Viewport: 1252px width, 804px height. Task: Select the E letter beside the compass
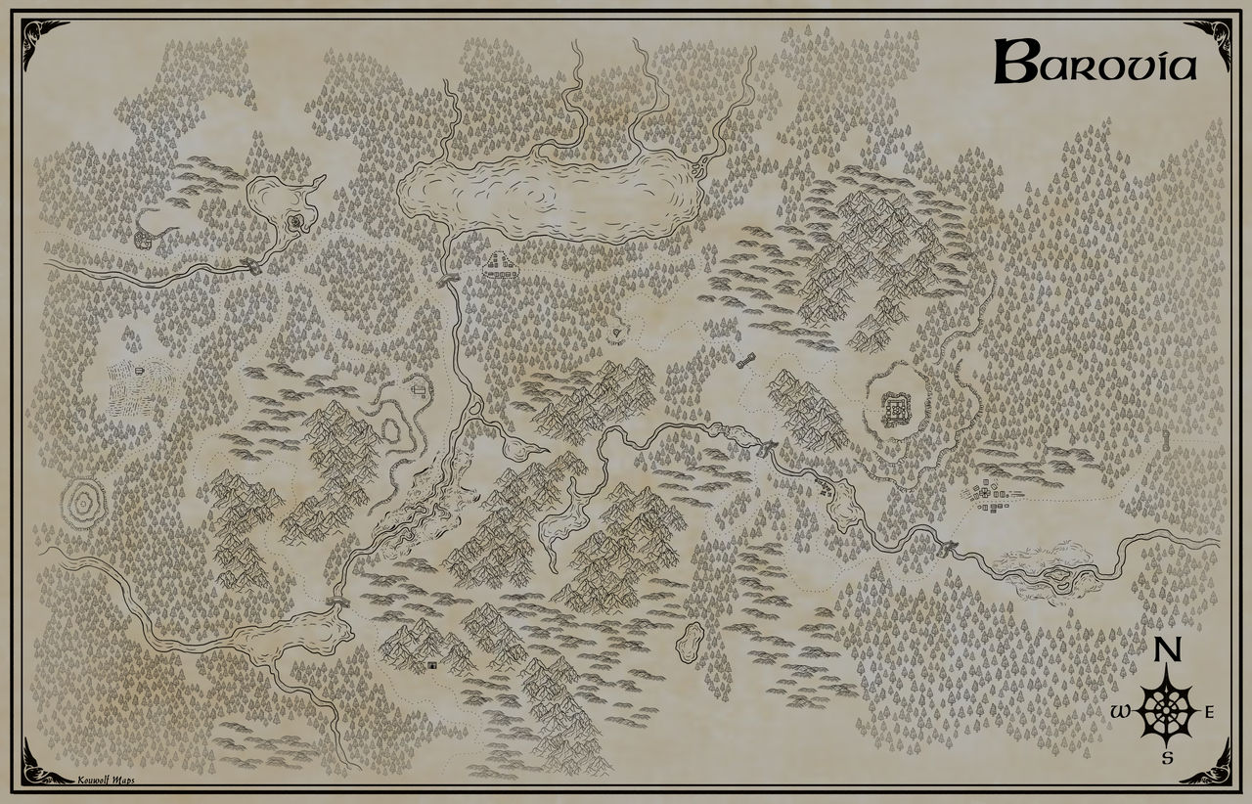click(x=1209, y=712)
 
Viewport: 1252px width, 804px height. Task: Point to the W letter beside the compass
click(x=1120, y=712)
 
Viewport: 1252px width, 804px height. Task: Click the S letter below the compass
click(x=1166, y=757)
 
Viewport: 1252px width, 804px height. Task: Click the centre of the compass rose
click(x=1165, y=711)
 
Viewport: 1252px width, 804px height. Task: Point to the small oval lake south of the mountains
click(x=693, y=640)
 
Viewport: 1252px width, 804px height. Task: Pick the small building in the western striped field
click(x=140, y=370)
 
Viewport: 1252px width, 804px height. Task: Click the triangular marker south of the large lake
click(x=616, y=334)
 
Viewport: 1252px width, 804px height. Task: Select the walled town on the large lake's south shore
click(x=501, y=264)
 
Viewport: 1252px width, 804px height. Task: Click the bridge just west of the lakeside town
click(x=449, y=280)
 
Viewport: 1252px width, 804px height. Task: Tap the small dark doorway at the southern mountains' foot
click(x=431, y=665)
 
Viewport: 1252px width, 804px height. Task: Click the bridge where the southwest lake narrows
click(x=334, y=603)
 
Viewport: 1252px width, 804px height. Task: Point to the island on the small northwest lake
click(x=295, y=224)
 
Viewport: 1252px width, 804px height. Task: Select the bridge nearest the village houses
click(x=947, y=548)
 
